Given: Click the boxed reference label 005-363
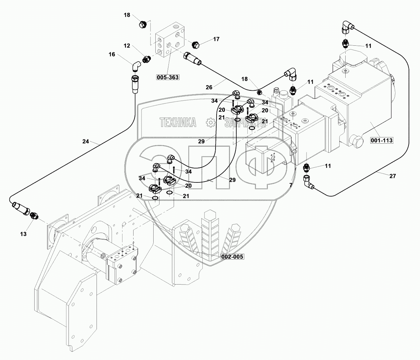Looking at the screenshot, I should [x=168, y=77].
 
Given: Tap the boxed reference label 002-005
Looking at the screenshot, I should [x=232, y=257].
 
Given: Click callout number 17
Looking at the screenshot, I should [x=216, y=39].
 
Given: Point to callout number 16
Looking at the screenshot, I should [x=112, y=54].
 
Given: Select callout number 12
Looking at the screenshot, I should [x=127, y=46].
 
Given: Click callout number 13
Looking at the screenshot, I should [x=23, y=234].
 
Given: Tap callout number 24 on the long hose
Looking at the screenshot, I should [x=86, y=141].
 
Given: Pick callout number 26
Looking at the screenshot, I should [x=209, y=87].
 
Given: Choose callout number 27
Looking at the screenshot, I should [x=392, y=176].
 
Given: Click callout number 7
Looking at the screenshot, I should [x=291, y=186].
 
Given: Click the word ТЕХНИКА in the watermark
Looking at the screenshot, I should [x=177, y=122].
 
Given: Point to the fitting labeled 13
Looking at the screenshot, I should [x=34, y=216].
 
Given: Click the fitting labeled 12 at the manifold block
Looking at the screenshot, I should [x=146, y=59].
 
